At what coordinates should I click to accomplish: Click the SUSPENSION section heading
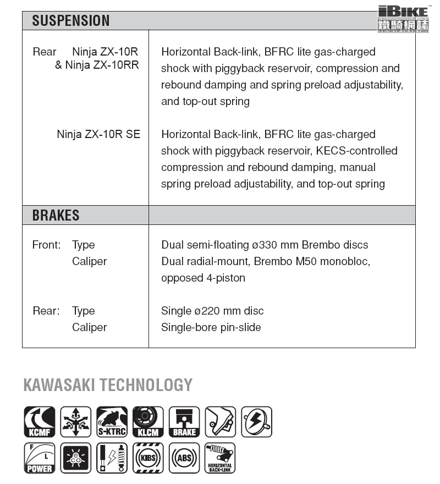point(71,21)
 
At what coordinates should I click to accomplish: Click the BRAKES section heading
point(56,215)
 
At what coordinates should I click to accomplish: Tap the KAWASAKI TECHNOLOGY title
point(108,385)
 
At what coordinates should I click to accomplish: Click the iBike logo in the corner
point(403,18)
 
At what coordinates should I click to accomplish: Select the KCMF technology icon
point(40,422)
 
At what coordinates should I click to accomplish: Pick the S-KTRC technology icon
point(112,422)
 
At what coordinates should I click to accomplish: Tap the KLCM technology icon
point(148,422)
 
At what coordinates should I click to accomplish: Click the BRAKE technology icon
point(184,422)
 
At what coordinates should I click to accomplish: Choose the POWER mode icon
point(40,458)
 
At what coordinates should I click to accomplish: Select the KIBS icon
point(148,458)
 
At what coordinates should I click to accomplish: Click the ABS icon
point(184,458)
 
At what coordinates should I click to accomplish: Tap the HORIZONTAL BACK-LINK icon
point(220,458)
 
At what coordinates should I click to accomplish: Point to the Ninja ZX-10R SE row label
point(98,134)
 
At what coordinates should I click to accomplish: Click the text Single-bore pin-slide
point(211,327)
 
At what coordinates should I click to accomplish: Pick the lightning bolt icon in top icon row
point(256,422)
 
